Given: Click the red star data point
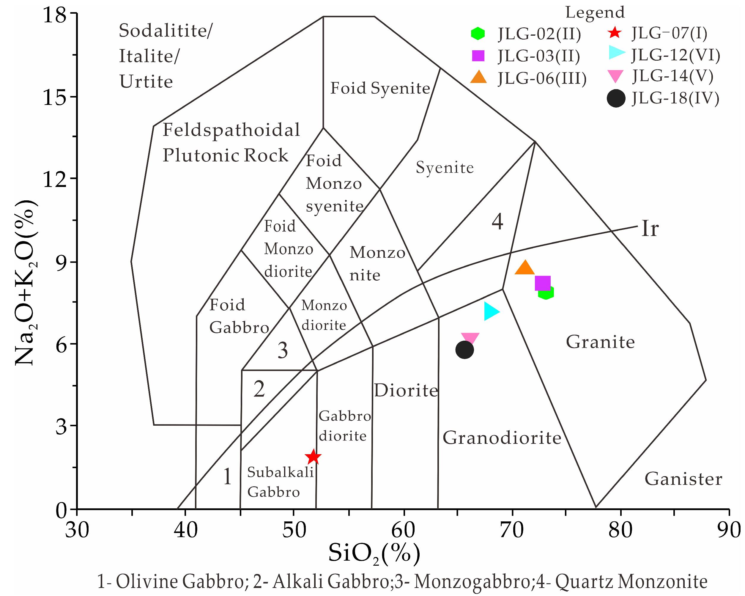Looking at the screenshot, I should coord(314,457).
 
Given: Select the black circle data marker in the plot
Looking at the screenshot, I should coord(464,350).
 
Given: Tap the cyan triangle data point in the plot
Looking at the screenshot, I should coord(491,311).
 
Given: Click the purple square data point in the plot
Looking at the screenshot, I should coord(543,284).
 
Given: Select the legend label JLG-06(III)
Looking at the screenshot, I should coord(542,78).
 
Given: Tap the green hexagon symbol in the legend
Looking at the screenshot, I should coord(478,33).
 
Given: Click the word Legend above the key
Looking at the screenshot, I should coord(595,12).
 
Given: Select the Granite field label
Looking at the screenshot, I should coord(600,342).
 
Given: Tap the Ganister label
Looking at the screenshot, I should coord(683,479).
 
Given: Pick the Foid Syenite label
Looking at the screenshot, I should coord(380,88).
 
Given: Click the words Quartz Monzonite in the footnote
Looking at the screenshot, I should coord(631,582).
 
